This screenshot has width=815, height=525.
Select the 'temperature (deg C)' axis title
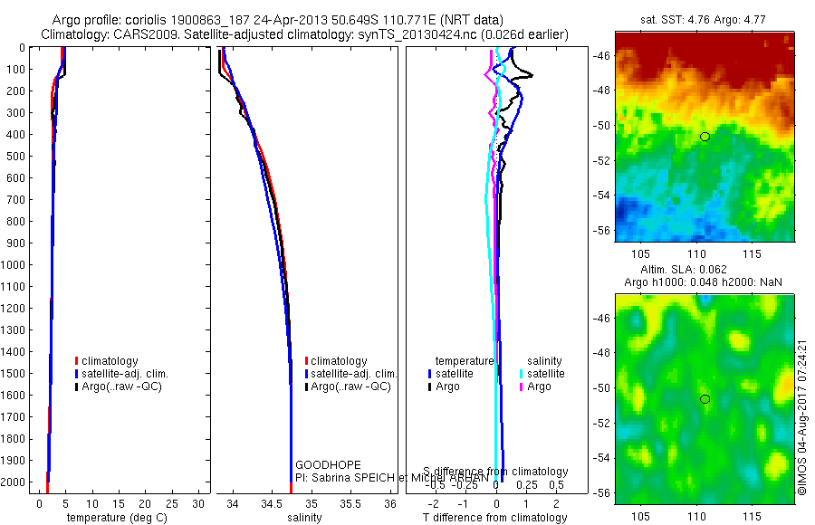110,518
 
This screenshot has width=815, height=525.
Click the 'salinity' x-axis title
304,518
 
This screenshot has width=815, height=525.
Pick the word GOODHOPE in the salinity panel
315,464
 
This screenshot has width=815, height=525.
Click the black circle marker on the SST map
705,137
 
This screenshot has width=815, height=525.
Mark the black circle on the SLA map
705,399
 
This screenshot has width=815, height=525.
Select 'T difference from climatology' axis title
495,518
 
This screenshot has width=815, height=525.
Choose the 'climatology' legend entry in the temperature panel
113,361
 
